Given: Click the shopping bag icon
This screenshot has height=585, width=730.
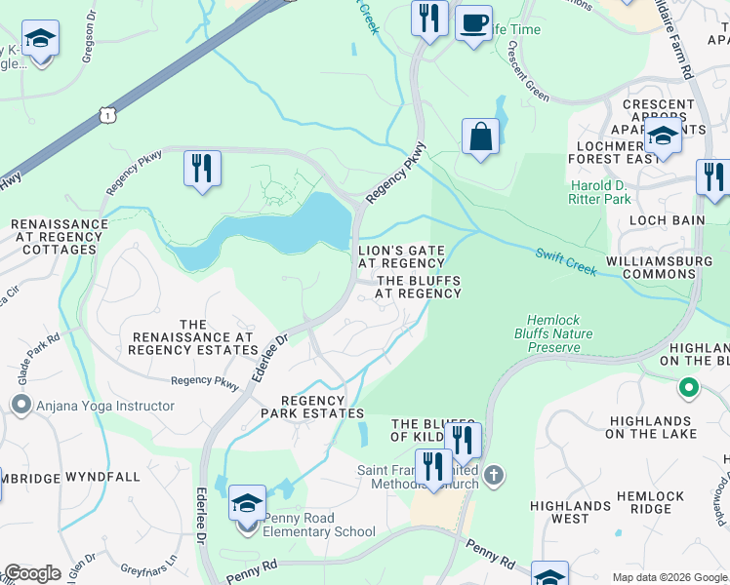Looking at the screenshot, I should (480, 137).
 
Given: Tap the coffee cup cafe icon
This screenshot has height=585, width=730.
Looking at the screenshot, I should (473, 21).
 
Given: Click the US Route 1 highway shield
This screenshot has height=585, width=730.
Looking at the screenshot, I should (105, 115).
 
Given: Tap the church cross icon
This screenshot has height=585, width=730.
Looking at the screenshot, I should (495, 474).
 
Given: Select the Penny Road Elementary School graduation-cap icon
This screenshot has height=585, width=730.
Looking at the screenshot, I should (248, 504).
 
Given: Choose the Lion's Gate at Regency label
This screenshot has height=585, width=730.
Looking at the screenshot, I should (401, 257).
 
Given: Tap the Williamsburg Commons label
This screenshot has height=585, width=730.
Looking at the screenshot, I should (663, 267).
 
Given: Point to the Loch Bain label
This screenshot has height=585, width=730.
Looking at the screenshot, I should (668, 220).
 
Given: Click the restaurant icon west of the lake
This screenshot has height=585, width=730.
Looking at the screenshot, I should (202, 168).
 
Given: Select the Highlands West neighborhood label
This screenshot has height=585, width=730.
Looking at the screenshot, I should (570, 512).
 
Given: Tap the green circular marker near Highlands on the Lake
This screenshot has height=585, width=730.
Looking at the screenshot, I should (689, 388).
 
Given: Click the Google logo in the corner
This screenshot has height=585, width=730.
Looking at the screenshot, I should (31, 573).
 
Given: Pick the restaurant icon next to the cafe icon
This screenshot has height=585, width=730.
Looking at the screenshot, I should (429, 17).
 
